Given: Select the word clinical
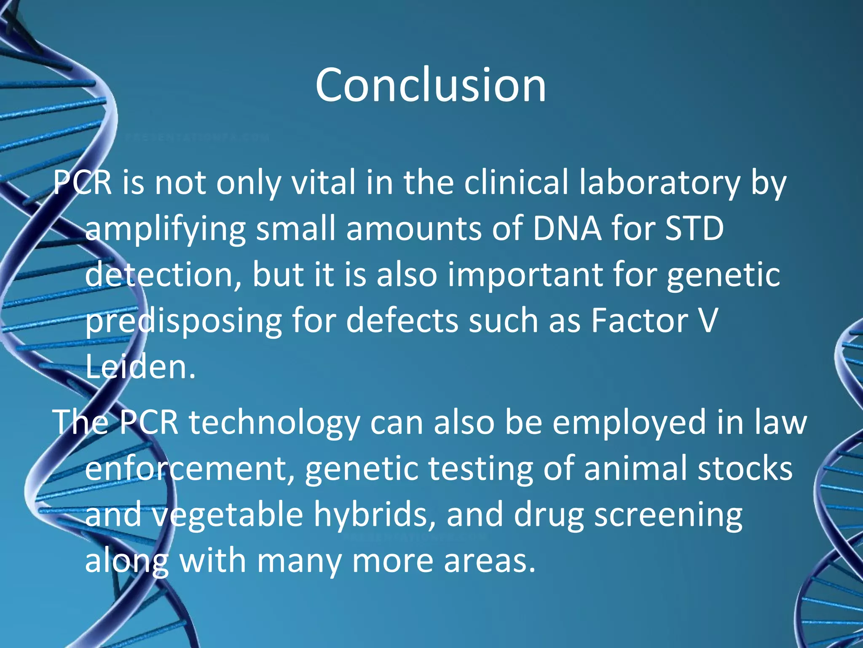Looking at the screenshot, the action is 516,183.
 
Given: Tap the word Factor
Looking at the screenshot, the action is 639,321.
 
